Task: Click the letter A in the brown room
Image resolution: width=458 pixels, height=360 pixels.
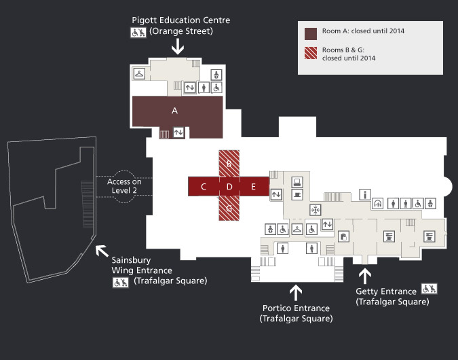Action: coord(174,111)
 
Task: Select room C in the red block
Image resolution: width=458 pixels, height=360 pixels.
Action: coord(204,187)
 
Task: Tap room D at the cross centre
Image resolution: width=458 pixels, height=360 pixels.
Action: coord(229,187)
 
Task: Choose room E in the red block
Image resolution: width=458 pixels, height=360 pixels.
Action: coord(254,187)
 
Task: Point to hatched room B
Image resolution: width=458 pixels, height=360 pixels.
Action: coord(229,164)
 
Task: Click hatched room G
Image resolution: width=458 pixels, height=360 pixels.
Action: coord(229,209)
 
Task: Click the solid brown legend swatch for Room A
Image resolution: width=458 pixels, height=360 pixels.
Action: coord(311,34)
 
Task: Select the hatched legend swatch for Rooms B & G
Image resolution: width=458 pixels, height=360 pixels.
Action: coord(311,53)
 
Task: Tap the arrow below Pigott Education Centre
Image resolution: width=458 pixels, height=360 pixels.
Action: coord(178,46)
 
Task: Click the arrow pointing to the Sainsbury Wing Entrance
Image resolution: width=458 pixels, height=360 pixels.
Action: coord(102,251)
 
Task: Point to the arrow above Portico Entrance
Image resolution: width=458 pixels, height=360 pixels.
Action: coord(296,293)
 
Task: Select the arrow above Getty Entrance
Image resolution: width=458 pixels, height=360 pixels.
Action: coord(365,276)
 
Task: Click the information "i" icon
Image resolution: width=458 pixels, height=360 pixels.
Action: coord(365,194)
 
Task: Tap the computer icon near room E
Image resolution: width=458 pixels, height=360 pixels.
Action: coord(297,182)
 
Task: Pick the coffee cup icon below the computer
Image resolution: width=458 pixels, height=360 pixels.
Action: coord(297,194)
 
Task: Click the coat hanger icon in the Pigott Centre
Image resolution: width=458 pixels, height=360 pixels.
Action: coord(140,73)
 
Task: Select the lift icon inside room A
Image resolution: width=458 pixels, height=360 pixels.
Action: coord(178,132)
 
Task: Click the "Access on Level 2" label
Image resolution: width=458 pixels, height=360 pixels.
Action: coord(124,186)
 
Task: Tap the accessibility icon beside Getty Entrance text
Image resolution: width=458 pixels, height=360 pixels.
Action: coord(429,289)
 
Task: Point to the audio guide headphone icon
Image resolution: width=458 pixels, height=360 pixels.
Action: coord(378,204)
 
